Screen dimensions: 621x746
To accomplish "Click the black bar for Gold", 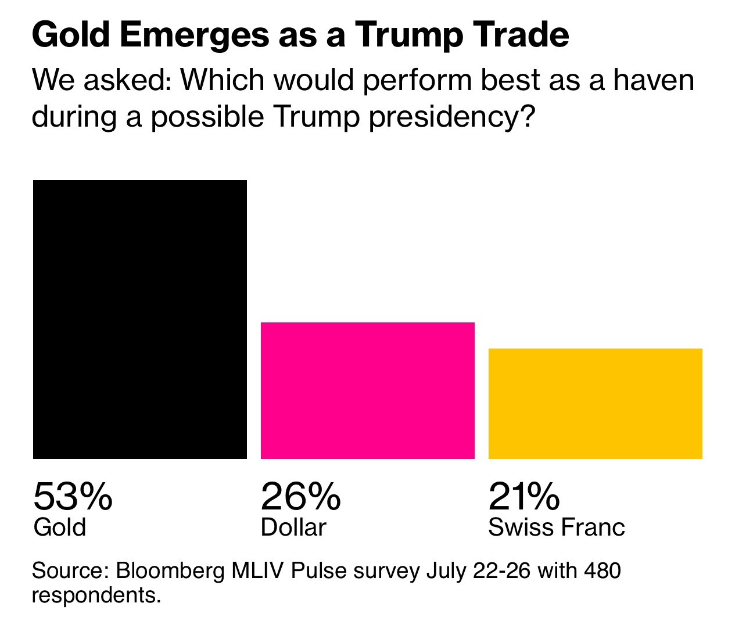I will [140, 319].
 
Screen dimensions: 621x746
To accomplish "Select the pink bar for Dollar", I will [368, 390].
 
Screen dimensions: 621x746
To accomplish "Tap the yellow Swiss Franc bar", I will [596, 403].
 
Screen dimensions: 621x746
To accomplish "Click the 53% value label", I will [73, 497].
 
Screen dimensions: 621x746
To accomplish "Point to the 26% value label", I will [300, 497].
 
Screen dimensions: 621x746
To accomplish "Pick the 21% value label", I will [524, 497].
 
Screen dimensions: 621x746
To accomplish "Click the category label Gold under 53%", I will [60, 527].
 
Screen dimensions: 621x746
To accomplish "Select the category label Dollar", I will [293, 527].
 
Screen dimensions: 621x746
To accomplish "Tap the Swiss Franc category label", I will [557, 527].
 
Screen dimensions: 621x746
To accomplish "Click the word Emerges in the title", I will [193, 36].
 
